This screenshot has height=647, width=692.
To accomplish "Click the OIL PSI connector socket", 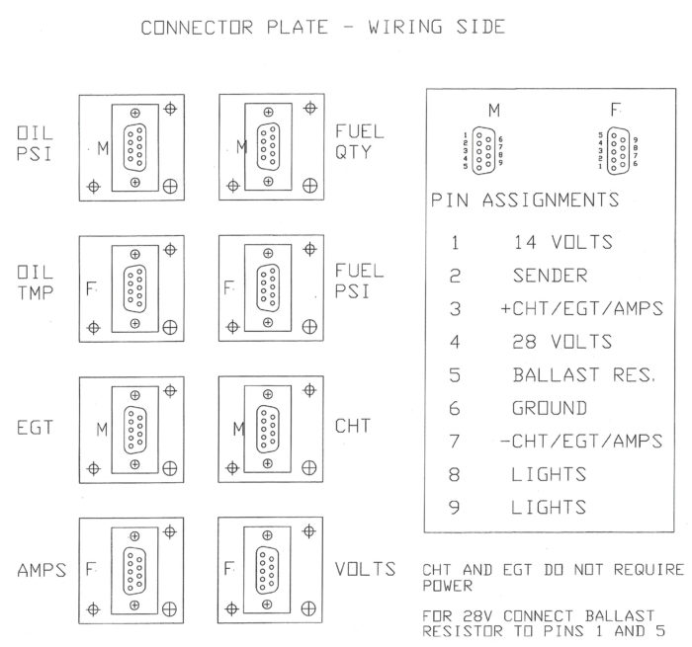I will [x=135, y=148].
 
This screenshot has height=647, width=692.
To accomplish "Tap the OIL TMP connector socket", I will [x=135, y=288].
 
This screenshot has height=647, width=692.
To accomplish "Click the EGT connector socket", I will [x=135, y=429].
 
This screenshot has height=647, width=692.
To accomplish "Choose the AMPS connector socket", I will [x=135, y=570].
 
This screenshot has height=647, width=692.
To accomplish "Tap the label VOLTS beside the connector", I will [x=366, y=570].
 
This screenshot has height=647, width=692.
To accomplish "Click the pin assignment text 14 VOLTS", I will [x=562, y=242].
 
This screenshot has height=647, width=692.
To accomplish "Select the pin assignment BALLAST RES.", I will [x=584, y=375].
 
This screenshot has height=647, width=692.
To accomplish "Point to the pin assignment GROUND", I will [x=549, y=408].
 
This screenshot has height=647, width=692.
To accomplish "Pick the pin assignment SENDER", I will [x=549, y=276].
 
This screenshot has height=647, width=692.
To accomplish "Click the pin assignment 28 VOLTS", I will [x=562, y=342].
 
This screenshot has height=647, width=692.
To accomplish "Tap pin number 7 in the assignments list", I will [x=454, y=442].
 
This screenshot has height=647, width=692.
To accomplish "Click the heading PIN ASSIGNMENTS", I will [x=525, y=201].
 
